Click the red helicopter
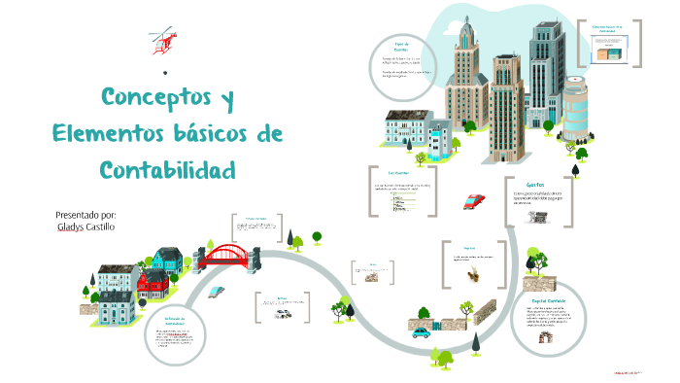pos(162,40)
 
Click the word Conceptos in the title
pos(155,99)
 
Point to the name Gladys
pos(72,227)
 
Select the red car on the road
pos(475,201)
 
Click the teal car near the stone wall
pos(421,332)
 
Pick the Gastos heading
pos(535,184)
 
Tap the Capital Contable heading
pos(548,301)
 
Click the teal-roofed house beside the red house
pos(167,259)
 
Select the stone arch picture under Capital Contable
pos(546,337)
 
